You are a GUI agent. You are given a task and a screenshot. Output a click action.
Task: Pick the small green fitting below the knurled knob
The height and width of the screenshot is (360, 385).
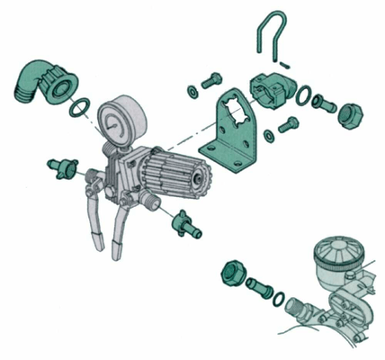[182, 220]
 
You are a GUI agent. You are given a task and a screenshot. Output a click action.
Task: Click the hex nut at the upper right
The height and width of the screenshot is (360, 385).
[348, 112]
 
